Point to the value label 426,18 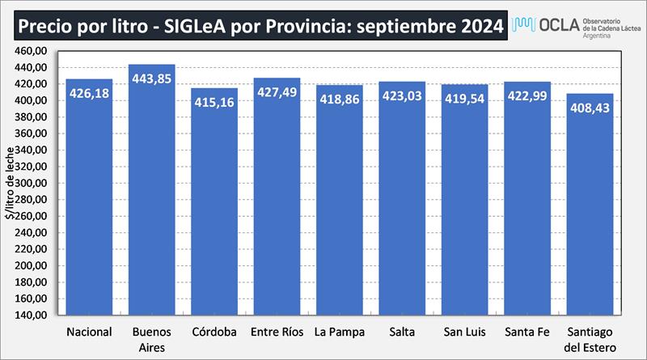click(x=89, y=94)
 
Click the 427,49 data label click(x=277, y=94)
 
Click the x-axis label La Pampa click(x=339, y=332)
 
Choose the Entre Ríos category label click(x=277, y=332)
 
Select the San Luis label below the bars click(x=464, y=332)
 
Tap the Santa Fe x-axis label click(x=526, y=332)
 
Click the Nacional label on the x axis click(x=89, y=332)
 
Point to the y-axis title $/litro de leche click(x=10, y=183)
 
